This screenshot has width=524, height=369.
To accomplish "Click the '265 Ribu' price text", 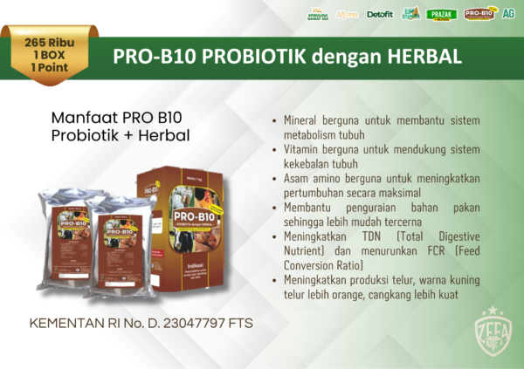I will (x=48, y=42).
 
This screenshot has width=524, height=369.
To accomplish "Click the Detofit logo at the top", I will (x=380, y=14).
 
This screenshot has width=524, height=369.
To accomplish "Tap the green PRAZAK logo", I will (x=442, y=14).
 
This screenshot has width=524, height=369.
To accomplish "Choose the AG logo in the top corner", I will (x=508, y=13).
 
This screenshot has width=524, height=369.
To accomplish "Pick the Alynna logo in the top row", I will (x=348, y=14).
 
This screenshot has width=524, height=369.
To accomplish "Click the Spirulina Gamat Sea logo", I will (x=318, y=13).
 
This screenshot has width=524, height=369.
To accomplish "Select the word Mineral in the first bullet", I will (x=303, y=120).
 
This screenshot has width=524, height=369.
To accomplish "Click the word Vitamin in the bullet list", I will (x=303, y=149).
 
